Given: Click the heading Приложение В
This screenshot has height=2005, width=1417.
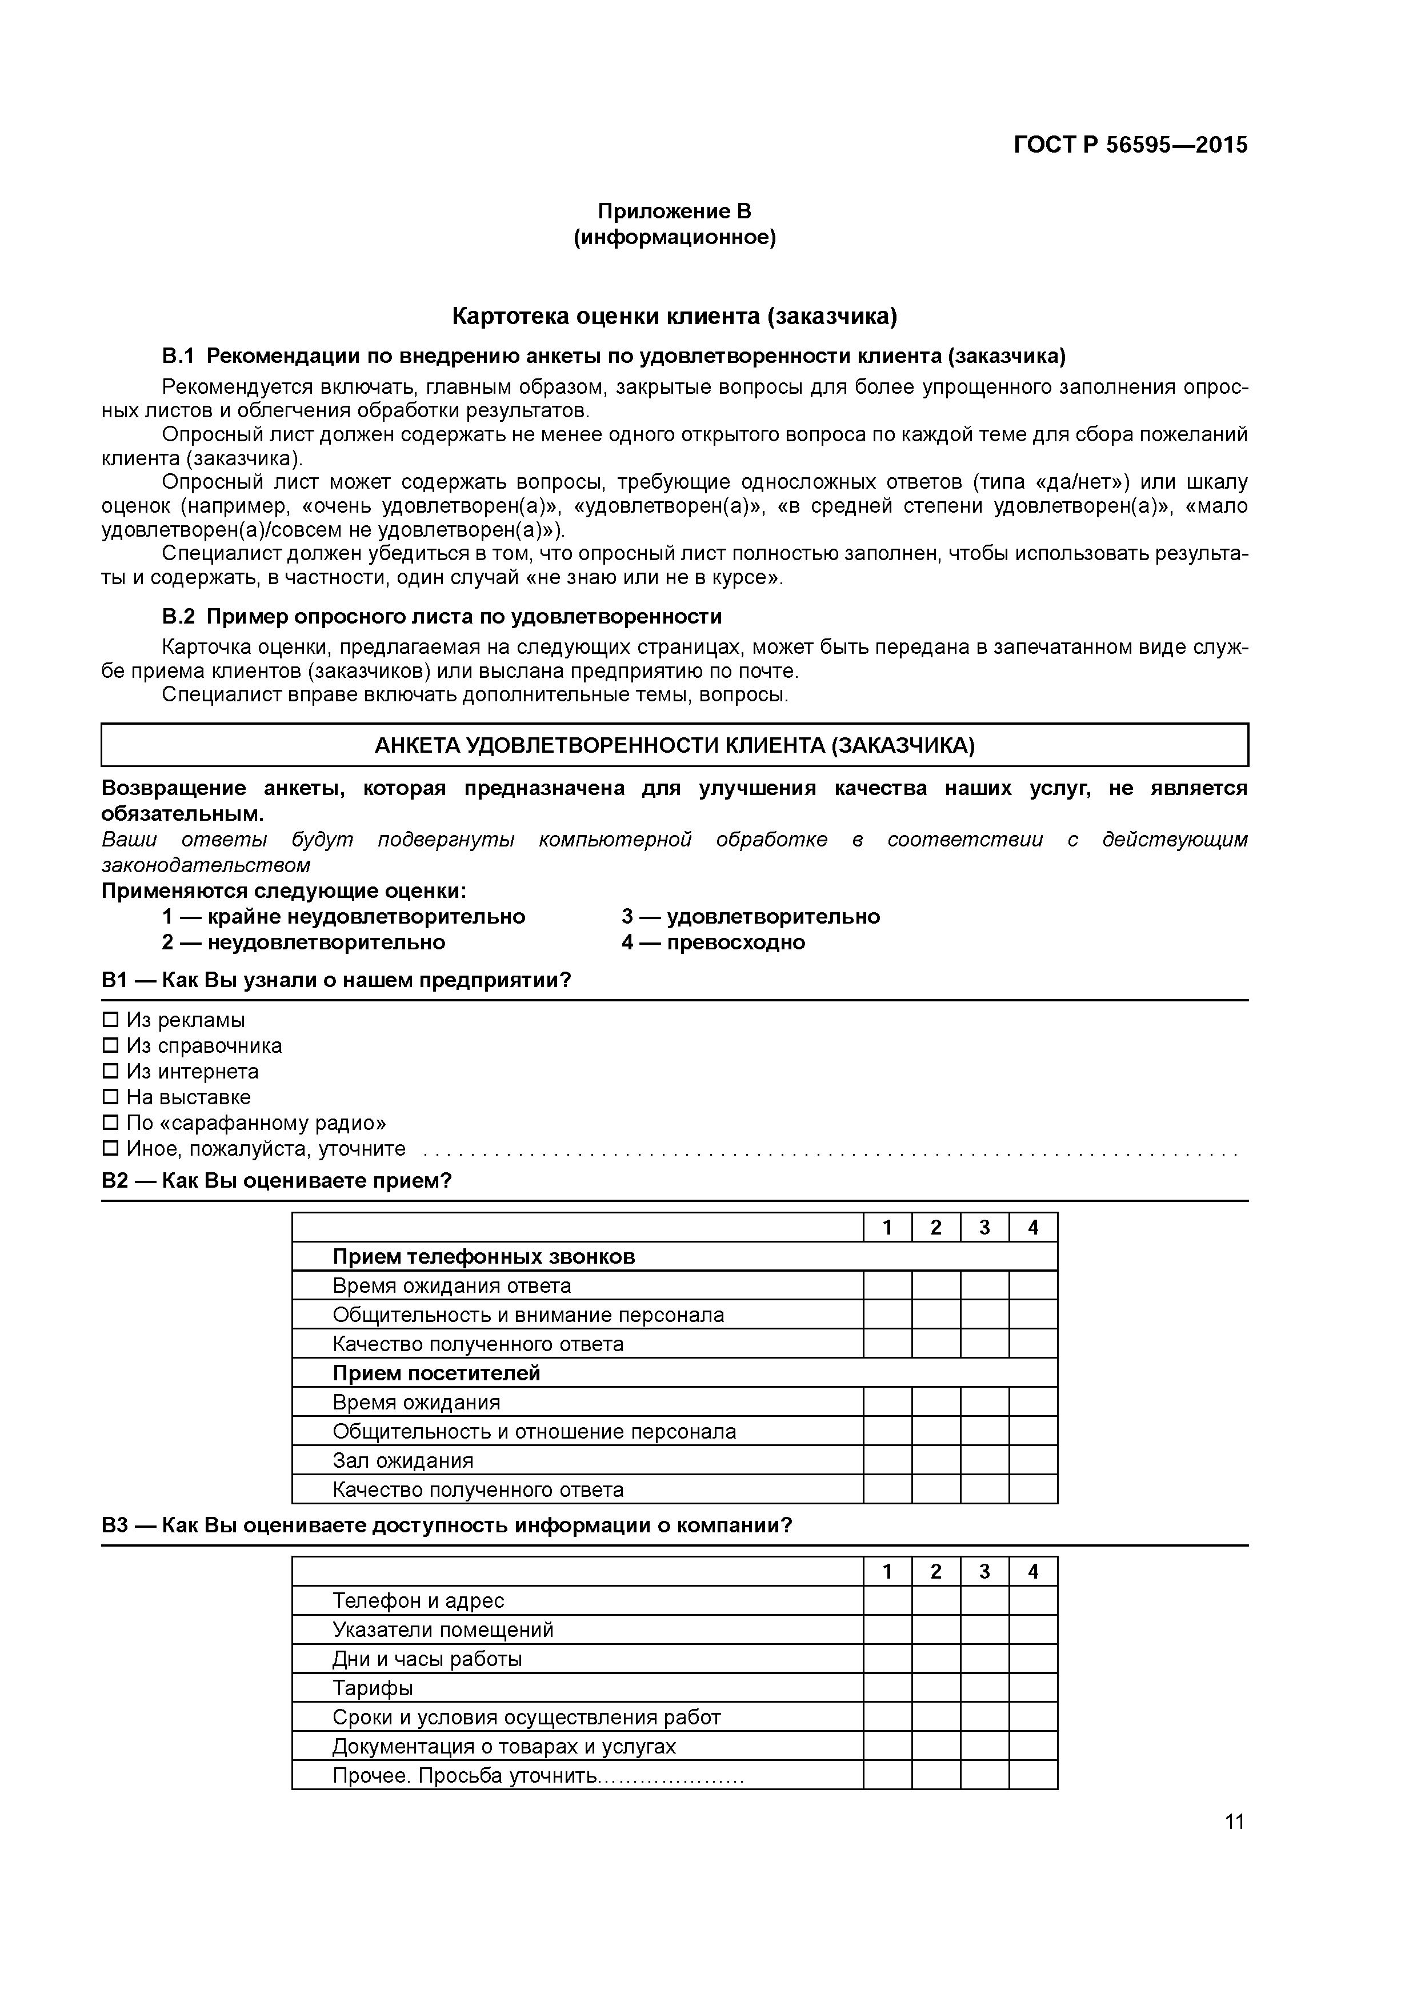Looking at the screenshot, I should (674, 211).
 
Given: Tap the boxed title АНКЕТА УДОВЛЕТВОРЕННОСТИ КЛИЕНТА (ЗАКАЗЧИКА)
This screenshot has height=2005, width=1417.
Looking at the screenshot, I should (674, 745).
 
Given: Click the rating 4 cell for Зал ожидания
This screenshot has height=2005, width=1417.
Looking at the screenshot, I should (1033, 1460).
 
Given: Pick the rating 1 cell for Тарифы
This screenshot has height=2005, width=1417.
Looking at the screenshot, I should (887, 1688).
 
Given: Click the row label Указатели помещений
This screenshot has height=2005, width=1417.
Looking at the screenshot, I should (443, 1629).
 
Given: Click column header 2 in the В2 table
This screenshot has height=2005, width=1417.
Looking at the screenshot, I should (936, 1228).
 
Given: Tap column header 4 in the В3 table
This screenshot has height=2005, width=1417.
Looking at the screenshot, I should (1033, 1572).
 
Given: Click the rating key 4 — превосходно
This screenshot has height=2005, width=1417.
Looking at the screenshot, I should (713, 942).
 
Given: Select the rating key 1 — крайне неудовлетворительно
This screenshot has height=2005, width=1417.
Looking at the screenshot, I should (343, 916).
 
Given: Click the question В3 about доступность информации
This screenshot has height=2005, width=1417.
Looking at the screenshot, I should (447, 1525).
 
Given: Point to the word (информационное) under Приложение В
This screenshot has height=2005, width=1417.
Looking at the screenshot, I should (674, 238).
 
